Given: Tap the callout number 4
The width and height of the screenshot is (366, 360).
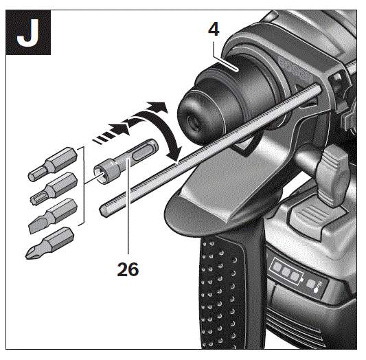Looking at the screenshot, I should [216, 31].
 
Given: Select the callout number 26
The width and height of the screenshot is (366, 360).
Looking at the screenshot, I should [127, 269].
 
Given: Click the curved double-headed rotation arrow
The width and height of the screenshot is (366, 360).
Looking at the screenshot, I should [161, 131].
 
